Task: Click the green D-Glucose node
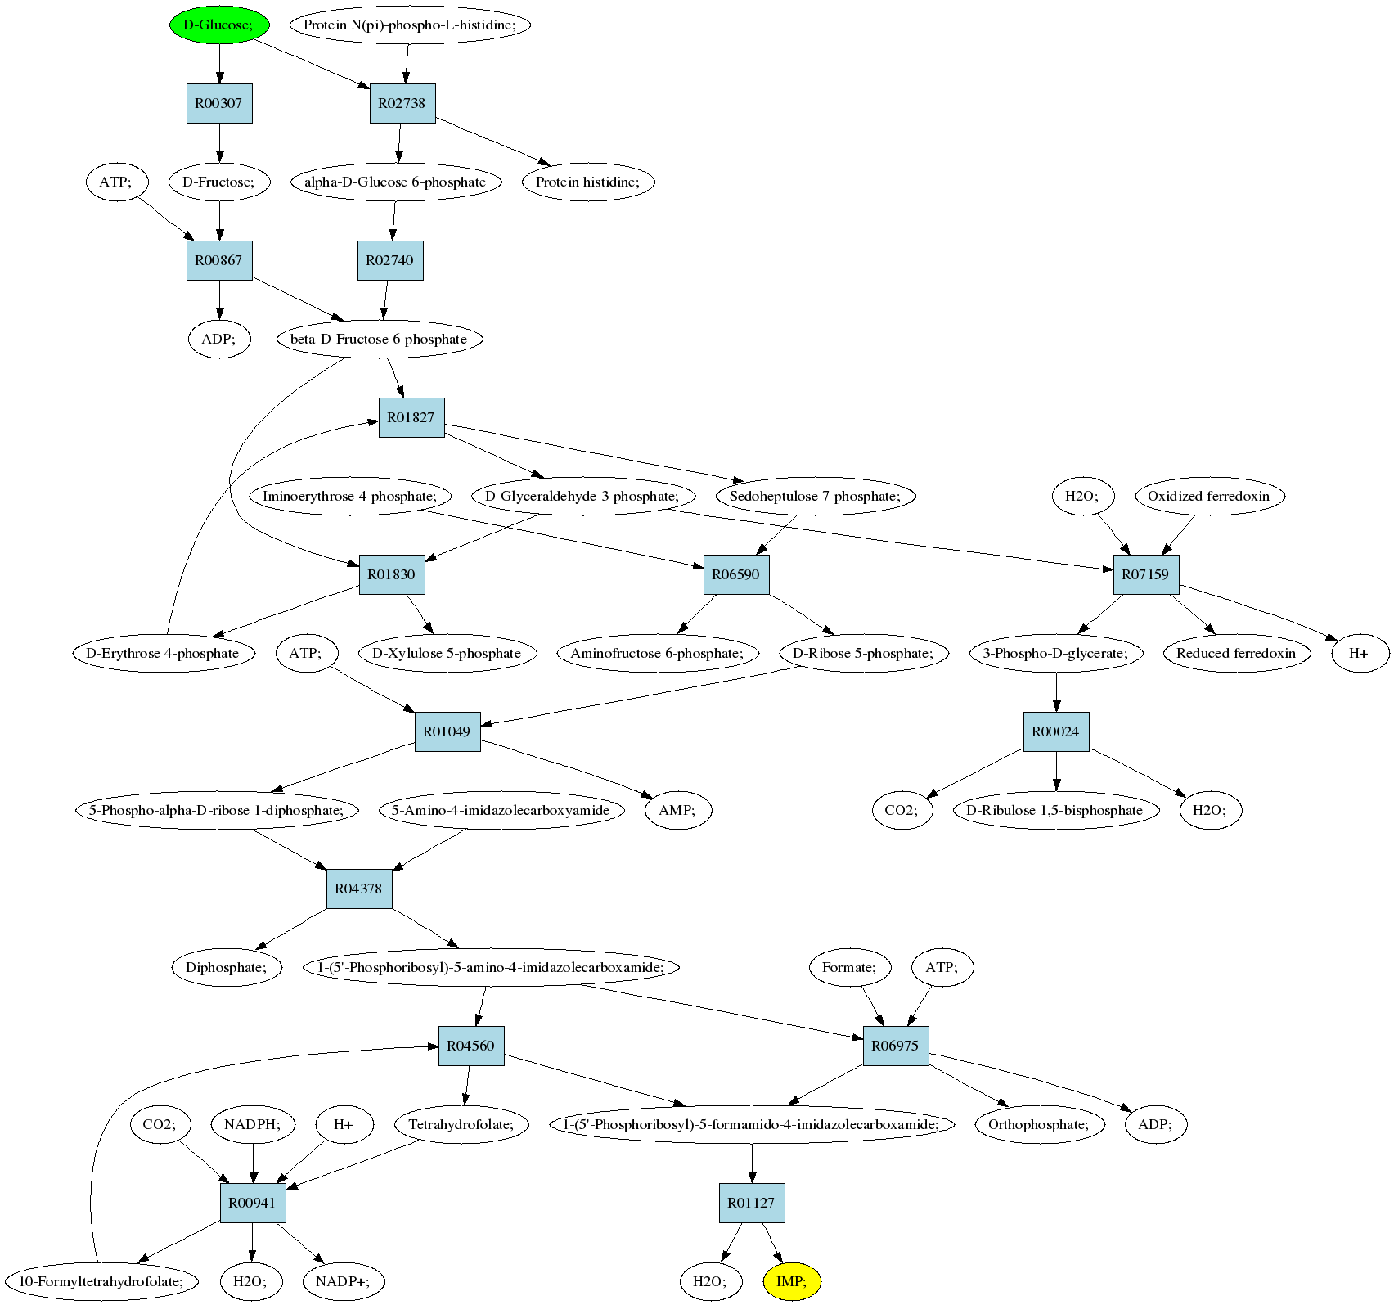[219, 25]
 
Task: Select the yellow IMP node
[791, 1281]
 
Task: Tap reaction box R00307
[219, 103]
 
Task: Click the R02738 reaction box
[402, 103]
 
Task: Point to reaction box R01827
[411, 417]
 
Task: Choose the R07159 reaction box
[1146, 574]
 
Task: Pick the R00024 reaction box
[1056, 731]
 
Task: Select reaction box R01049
[447, 731]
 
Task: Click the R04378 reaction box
[359, 889]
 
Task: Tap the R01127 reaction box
[752, 1203]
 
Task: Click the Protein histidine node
[588, 182]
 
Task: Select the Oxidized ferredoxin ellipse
[1209, 496]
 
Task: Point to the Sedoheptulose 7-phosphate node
[815, 496]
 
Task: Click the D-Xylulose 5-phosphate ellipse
[447, 653]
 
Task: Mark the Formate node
[849, 967]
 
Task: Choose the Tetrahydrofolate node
[461, 1124]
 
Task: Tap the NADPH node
[253, 1124]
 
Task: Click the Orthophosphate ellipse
[1039, 1124]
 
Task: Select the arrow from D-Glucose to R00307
[219, 64]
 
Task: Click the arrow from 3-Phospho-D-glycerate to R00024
[1056, 692]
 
